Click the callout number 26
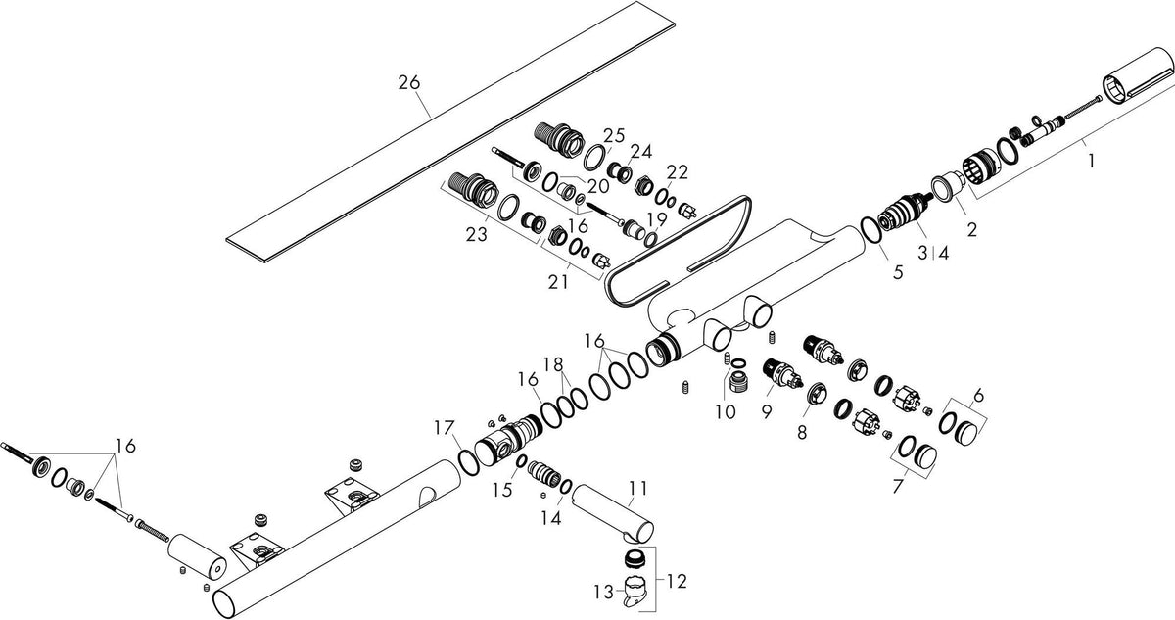[x=409, y=82]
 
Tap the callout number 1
[x=1091, y=161]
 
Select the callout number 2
[x=972, y=229]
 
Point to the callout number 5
[x=898, y=272]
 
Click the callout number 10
[x=726, y=411]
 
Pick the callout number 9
[x=767, y=412]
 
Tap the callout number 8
[x=802, y=432]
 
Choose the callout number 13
[x=604, y=593]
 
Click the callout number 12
[x=677, y=581]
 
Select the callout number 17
[x=444, y=428]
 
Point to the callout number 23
[x=477, y=234]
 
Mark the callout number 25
[x=614, y=135]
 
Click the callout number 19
[x=657, y=218]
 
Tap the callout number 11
[x=637, y=489]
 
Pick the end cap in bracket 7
[x=926, y=456]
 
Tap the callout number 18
[x=553, y=363]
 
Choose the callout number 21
[x=558, y=282]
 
